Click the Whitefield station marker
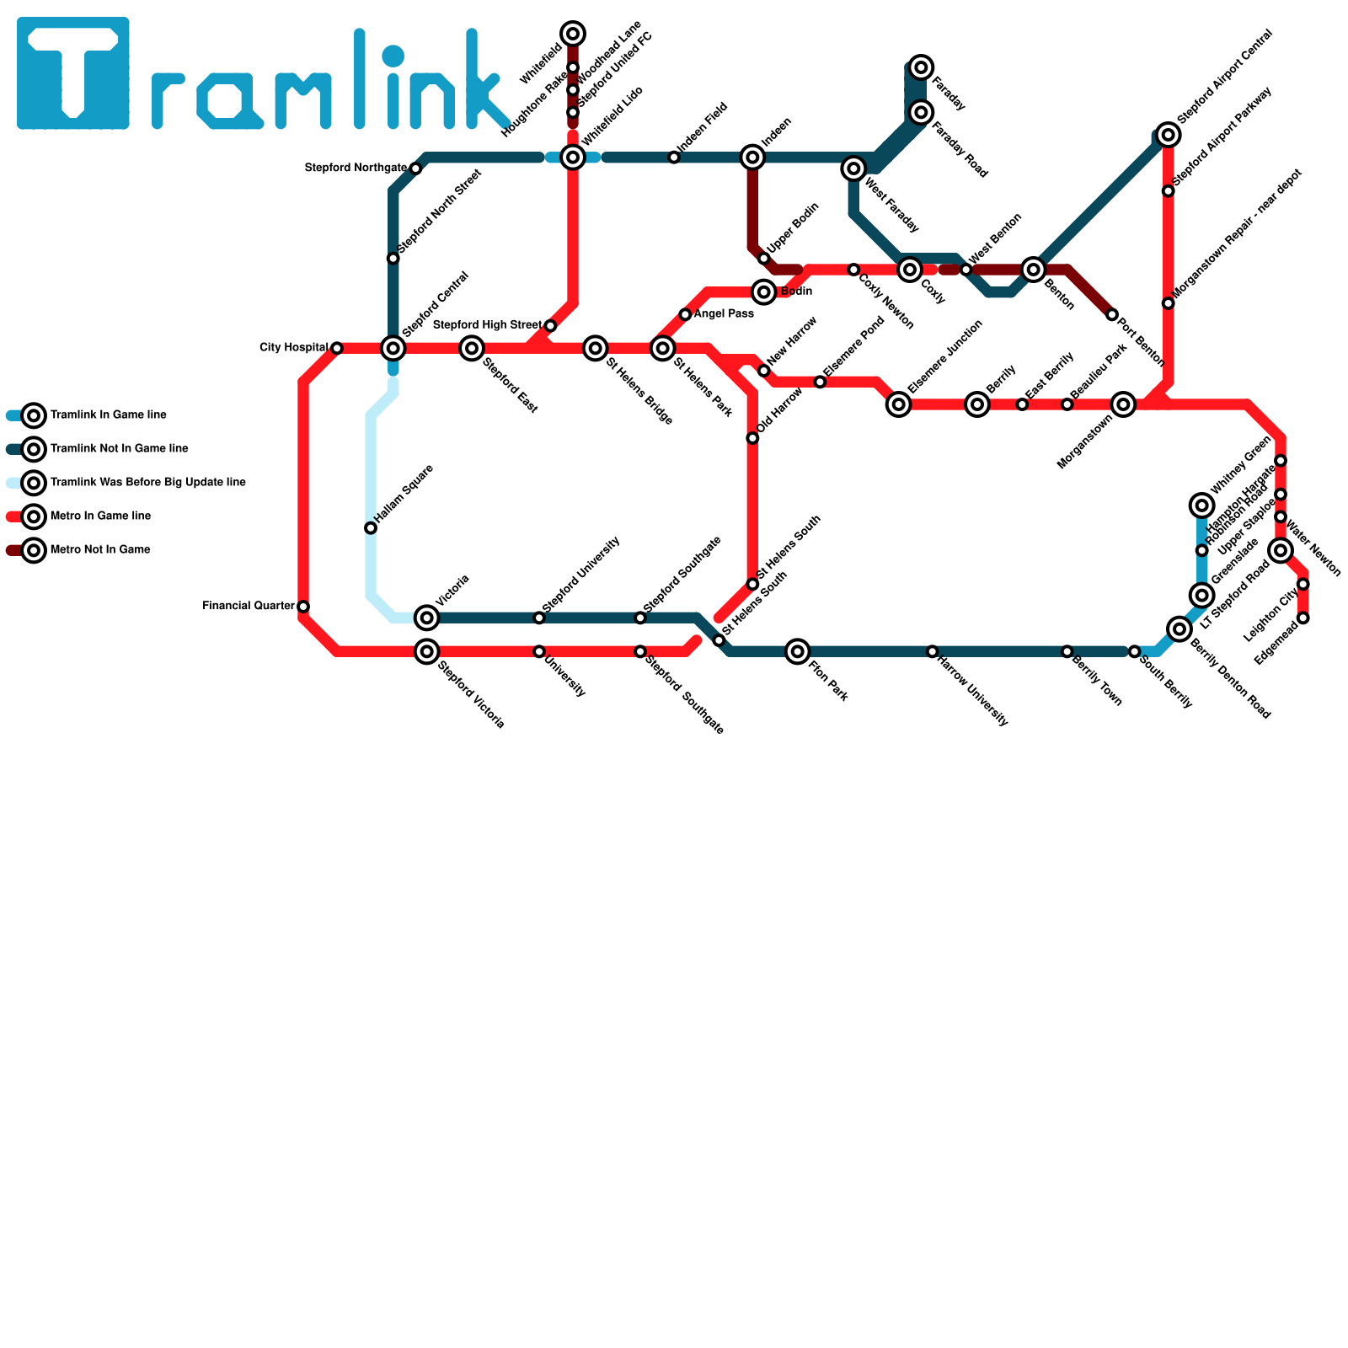pyautogui.click(x=573, y=34)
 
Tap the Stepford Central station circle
pyautogui.click(x=393, y=348)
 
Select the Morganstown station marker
pyautogui.click(x=1123, y=404)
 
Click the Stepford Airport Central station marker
pyautogui.click(x=1168, y=134)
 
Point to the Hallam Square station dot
pyautogui.click(x=371, y=528)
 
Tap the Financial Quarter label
pyautogui.click(x=249, y=606)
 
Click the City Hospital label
pyautogui.click(x=293, y=348)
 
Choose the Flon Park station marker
pyautogui.click(x=798, y=651)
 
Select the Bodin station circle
pyautogui.click(x=764, y=292)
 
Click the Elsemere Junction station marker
pyautogui.click(x=899, y=404)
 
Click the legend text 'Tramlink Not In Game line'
pyautogui.click(x=119, y=449)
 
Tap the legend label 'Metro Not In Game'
pyautogui.click(x=100, y=550)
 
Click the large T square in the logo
pyautogui.click(x=73, y=73)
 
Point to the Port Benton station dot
pyautogui.click(x=1112, y=315)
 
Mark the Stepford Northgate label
pyautogui.click(x=356, y=168)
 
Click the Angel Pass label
pyautogui.click(x=724, y=314)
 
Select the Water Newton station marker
pyautogui.click(x=1281, y=551)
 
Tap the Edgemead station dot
pyautogui.click(x=1303, y=618)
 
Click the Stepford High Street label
pyautogui.click(x=487, y=325)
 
